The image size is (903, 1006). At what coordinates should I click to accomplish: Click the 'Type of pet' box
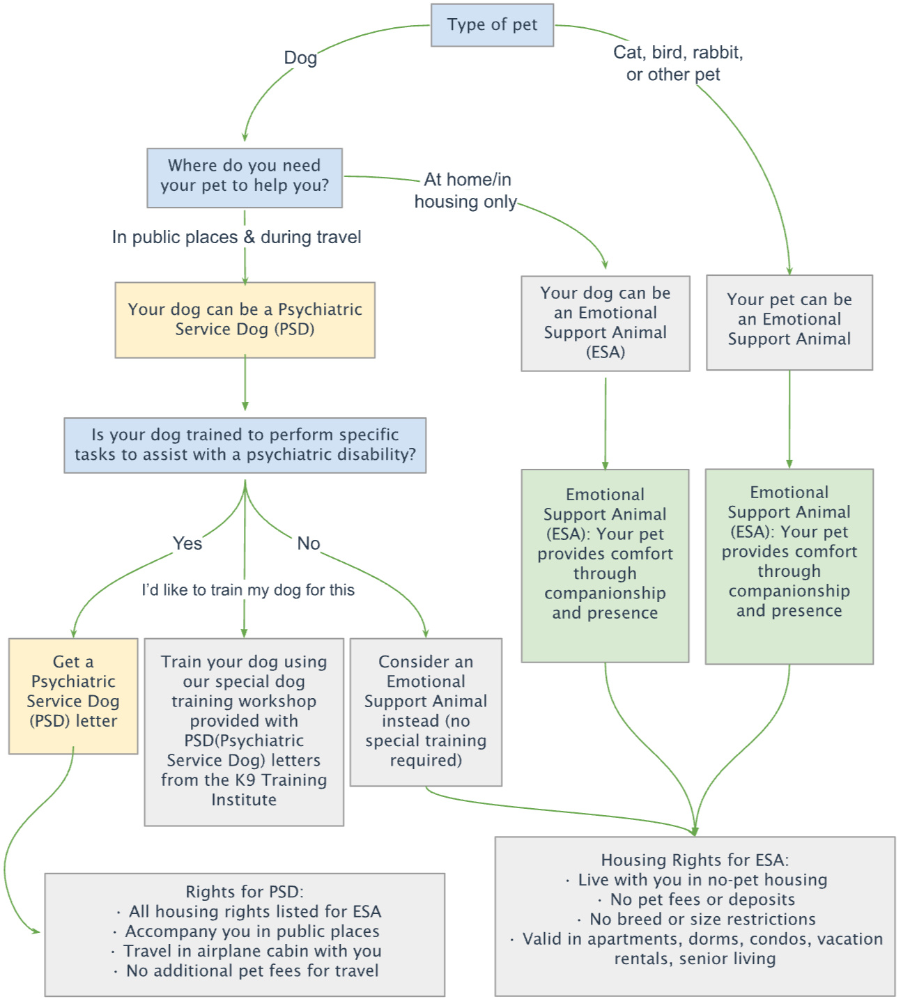[x=492, y=25]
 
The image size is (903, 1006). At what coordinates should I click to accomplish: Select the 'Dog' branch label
[x=300, y=58]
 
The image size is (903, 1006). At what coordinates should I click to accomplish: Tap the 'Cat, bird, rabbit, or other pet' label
[x=677, y=63]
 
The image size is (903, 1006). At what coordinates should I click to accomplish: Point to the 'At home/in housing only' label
[x=466, y=190]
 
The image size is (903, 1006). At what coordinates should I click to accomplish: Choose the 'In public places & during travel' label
[x=237, y=238]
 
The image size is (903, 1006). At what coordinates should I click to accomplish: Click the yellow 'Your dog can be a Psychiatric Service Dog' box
[x=245, y=319]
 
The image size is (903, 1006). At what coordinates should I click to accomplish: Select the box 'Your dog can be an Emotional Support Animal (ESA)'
[x=605, y=323]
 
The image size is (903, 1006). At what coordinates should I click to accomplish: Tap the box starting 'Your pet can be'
[x=789, y=320]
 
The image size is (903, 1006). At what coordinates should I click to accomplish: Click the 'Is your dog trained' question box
[x=245, y=444]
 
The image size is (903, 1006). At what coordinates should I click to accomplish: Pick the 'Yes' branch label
[x=187, y=543]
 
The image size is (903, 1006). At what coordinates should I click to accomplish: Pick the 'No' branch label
[x=309, y=543]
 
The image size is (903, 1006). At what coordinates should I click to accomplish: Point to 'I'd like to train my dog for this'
[x=248, y=590]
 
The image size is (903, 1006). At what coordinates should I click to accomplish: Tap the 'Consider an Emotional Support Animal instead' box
[x=426, y=711]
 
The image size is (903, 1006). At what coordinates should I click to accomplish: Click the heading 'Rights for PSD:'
[x=245, y=892]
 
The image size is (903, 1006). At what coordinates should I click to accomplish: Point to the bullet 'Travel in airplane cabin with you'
[x=252, y=951]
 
